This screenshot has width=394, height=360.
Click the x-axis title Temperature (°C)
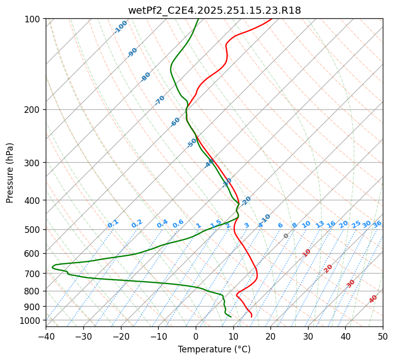[x=214, y=350]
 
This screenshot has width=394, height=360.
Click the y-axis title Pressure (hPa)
[x=10, y=173]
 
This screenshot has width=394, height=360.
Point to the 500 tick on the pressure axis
[x=34, y=230]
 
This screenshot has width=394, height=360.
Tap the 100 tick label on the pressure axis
[x=34, y=19]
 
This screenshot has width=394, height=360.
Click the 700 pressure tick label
[x=34, y=274]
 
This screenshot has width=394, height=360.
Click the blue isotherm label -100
[x=120, y=27]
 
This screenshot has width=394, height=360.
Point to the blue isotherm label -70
[x=160, y=100]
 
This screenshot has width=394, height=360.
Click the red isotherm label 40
[x=373, y=299]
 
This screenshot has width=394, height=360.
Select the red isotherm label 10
[x=307, y=253]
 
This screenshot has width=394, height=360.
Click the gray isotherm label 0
[x=286, y=236]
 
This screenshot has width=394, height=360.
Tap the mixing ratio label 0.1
[x=113, y=224]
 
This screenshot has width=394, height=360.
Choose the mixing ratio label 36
[x=377, y=224]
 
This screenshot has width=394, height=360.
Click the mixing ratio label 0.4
[x=162, y=224]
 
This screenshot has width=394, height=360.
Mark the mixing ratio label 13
[x=320, y=224]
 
